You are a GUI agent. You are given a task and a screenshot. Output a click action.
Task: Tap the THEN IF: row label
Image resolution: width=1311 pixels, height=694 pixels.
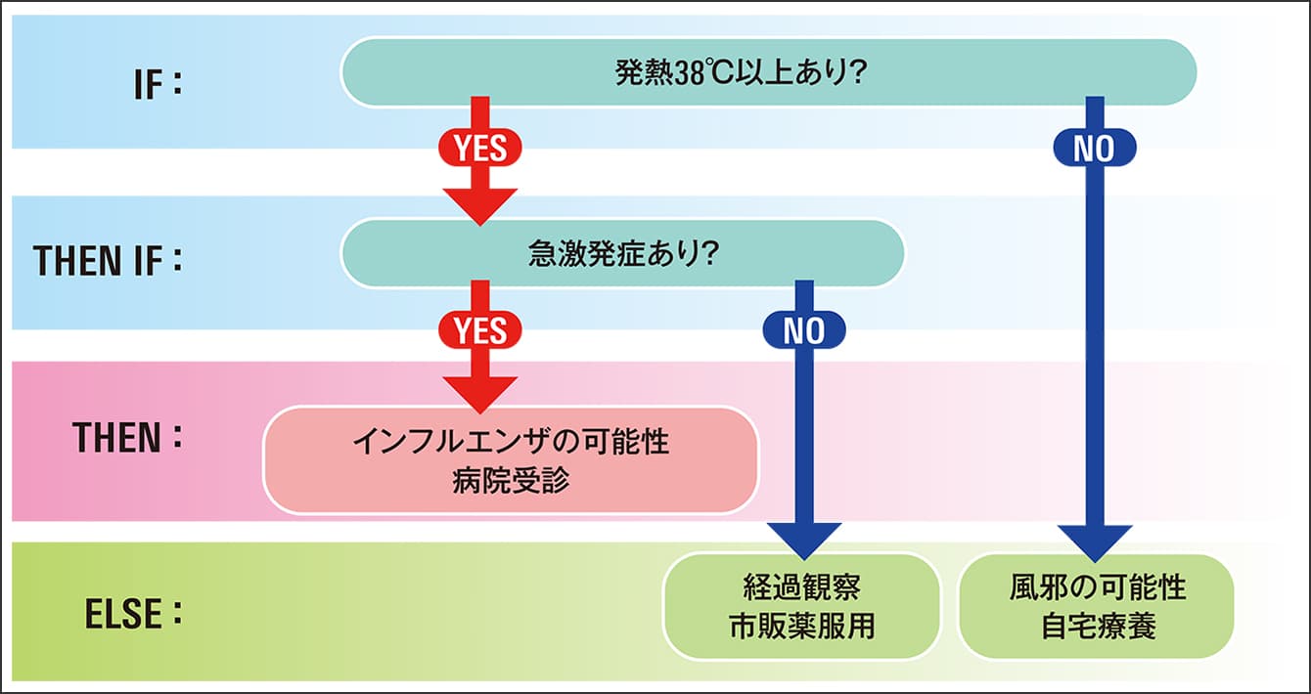click(x=109, y=261)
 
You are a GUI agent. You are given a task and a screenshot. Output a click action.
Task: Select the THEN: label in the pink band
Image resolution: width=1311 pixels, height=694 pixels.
click(x=127, y=437)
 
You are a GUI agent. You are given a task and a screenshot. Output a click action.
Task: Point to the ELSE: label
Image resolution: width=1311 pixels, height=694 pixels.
click(x=133, y=614)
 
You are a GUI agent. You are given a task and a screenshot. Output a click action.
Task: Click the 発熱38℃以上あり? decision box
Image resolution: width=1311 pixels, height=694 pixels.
click(x=768, y=72)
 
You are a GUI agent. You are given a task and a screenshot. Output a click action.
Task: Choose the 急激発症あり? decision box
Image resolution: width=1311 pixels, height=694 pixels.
click(x=622, y=253)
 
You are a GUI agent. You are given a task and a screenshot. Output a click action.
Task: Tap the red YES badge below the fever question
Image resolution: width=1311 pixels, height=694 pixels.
click(x=480, y=148)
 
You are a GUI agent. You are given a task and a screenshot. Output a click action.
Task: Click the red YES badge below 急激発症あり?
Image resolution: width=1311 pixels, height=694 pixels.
click(x=480, y=330)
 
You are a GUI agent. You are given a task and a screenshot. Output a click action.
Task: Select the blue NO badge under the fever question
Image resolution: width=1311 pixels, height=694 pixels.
click(x=1095, y=148)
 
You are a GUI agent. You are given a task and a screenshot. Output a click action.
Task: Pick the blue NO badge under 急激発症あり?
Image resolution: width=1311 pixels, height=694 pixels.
click(x=804, y=330)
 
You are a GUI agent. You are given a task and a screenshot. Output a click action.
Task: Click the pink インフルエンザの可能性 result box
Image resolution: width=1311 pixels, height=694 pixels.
click(x=511, y=460)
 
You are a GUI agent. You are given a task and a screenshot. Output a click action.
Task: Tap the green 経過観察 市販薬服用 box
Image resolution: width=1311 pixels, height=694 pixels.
click(x=802, y=606)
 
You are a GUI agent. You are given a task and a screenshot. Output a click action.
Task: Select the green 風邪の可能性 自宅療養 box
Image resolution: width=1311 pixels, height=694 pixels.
click(x=1097, y=606)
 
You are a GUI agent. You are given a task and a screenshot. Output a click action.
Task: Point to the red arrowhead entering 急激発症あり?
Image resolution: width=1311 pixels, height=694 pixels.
click(x=480, y=206)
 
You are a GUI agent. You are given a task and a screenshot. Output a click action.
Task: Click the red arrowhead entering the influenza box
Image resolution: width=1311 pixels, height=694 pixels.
click(x=480, y=395)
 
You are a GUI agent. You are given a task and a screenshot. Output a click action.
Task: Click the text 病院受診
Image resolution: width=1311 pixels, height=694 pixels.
click(x=511, y=481)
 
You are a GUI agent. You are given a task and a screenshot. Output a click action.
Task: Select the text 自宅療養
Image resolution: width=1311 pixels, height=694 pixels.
click(x=1098, y=627)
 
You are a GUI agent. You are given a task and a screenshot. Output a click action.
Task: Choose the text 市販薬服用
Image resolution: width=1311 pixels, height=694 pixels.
click(x=802, y=627)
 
